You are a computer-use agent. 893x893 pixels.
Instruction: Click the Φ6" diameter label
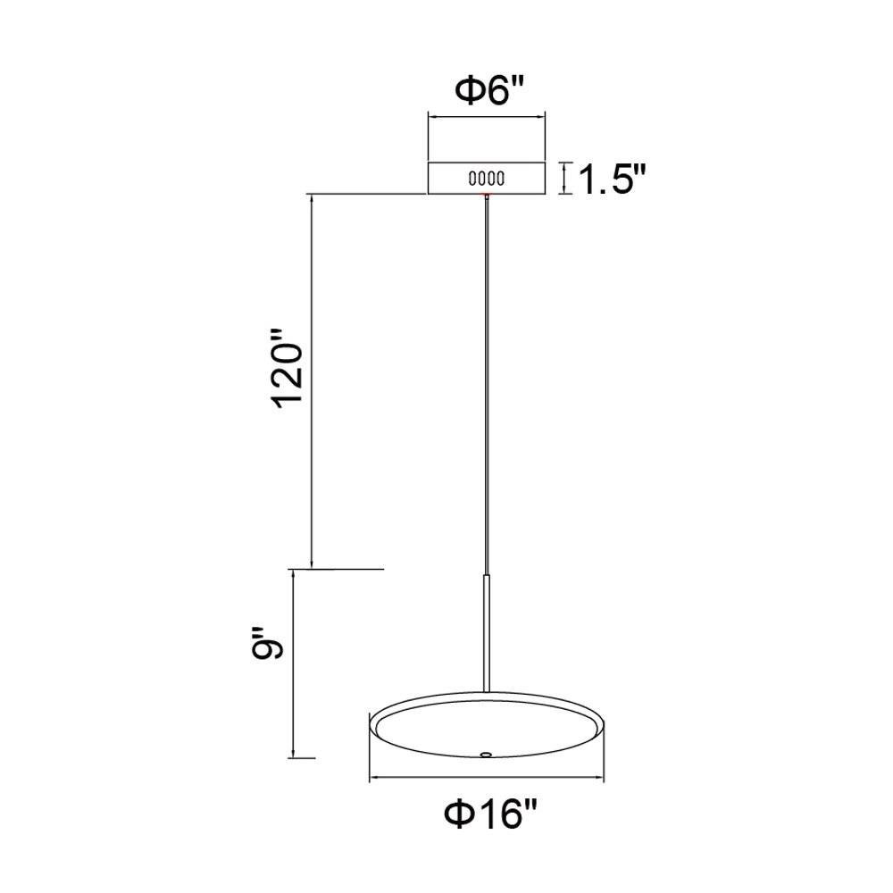tap(488, 92)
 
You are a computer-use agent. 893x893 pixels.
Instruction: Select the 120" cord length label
tap(288, 368)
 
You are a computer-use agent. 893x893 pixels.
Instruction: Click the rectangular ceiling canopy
tap(487, 179)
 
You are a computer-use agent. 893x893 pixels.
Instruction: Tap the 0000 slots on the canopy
tap(487, 179)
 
